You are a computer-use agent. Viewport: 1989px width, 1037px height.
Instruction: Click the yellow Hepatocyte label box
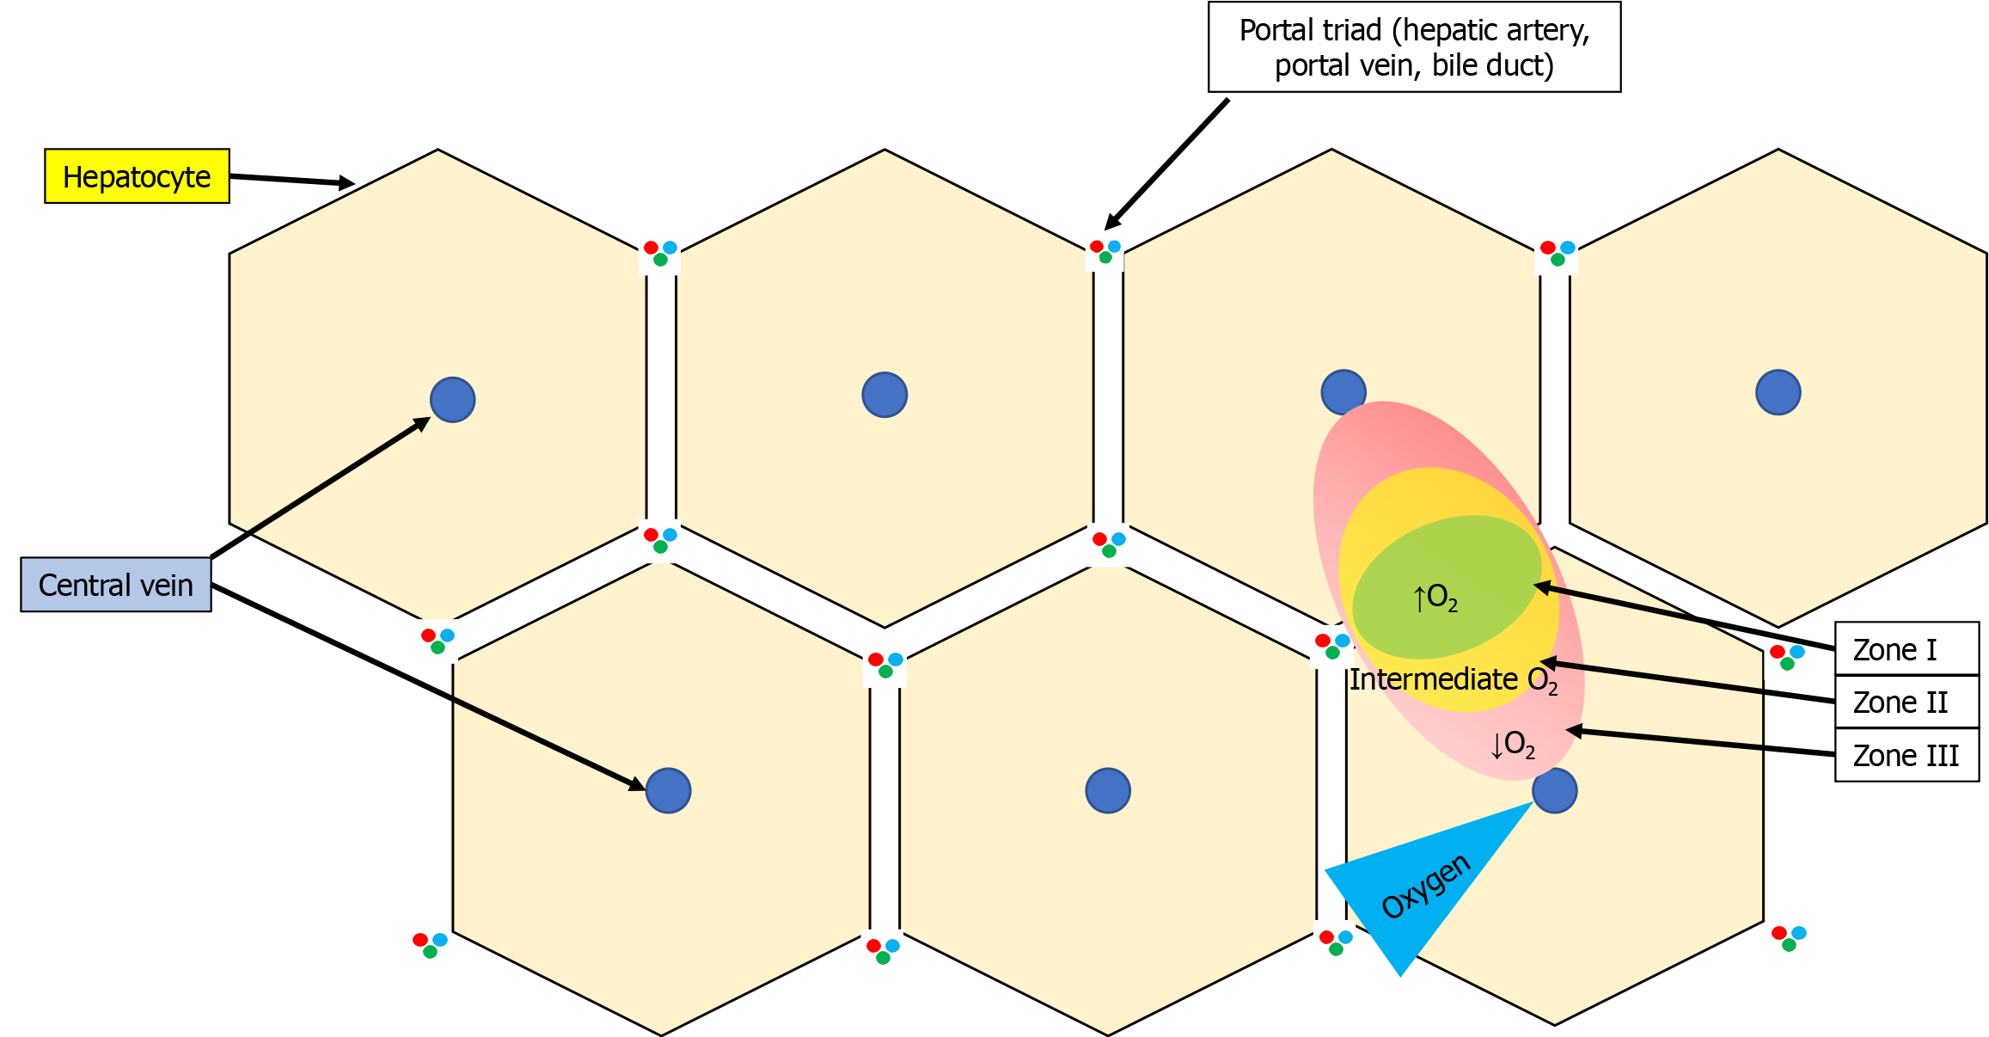[137, 176]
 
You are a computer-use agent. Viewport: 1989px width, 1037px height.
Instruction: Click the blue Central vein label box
[116, 585]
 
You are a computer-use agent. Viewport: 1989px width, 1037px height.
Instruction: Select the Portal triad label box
[1414, 47]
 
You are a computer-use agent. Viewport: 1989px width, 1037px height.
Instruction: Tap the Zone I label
[1906, 649]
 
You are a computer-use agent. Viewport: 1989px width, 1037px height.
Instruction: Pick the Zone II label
[1906, 703]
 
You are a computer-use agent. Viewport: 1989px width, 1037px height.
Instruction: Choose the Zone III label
[1906, 756]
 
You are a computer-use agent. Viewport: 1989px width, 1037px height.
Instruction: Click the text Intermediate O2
[1453, 680]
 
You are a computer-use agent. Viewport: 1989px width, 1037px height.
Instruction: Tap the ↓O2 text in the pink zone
[1513, 745]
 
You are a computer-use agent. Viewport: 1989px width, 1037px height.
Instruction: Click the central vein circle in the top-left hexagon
[453, 400]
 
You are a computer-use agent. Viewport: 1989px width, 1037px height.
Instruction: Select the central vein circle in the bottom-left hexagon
[668, 791]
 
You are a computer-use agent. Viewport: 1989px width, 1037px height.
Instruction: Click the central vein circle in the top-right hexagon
[1778, 393]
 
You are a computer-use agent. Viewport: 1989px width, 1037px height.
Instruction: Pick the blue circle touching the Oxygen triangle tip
[1555, 791]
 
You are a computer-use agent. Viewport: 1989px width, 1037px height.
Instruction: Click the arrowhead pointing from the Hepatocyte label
[346, 182]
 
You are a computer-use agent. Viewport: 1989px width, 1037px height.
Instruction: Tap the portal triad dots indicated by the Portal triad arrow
[1105, 251]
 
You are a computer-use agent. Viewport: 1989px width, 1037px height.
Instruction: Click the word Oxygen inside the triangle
[1426, 887]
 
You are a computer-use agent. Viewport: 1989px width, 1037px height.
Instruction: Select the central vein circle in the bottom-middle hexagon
[1108, 791]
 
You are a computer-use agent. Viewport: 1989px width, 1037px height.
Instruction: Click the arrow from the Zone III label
[1702, 742]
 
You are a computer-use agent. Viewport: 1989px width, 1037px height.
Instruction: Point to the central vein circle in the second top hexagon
[884, 396]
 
